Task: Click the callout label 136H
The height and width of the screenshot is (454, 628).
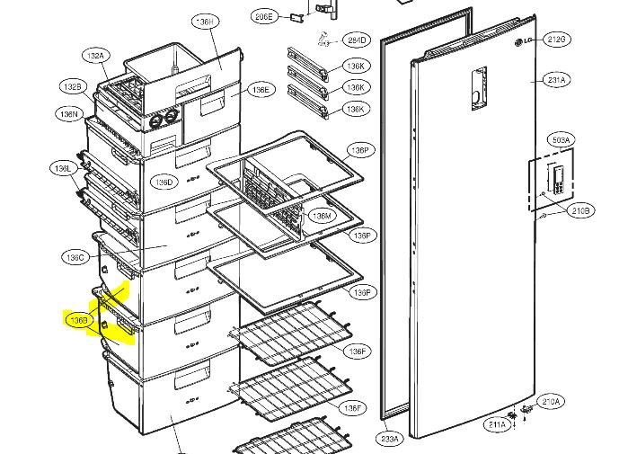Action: point(205,21)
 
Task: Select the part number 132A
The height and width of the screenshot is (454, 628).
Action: point(95,56)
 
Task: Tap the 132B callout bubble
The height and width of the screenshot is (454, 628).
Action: point(72,86)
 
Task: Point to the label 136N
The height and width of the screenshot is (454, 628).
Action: point(69,114)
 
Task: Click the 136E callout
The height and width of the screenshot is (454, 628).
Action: point(260,90)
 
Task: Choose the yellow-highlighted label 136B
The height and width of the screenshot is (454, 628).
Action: point(79,319)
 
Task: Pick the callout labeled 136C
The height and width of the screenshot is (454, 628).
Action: point(75,257)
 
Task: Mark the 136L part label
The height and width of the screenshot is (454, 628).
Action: point(62,168)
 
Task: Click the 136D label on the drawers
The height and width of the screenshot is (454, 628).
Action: point(164,182)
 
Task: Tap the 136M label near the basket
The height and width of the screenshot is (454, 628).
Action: point(321,217)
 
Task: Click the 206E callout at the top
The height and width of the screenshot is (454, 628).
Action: point(263,16)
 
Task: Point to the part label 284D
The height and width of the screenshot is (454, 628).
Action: point(358,40)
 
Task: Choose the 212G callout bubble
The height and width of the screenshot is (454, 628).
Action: point(557,40)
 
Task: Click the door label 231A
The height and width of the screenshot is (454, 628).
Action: point(557,81)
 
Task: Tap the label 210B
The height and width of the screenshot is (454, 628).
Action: point(580,210)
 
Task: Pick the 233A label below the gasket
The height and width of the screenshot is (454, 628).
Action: point(388,439)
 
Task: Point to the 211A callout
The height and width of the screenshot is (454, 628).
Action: point(497,423)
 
